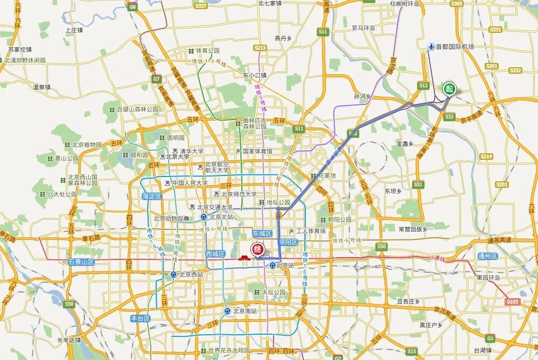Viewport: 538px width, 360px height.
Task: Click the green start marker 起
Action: [x=449, y=88]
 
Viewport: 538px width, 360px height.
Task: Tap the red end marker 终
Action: [x=258, y=249]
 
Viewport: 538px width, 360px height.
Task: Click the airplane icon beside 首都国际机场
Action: [x=430, y=47]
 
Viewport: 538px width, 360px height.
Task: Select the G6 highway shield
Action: [x=132, y=7]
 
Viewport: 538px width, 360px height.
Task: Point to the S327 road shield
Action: [x=200, y=6]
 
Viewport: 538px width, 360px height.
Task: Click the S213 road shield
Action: [x=260, y=48]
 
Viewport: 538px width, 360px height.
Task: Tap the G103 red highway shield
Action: [x=513, y=301]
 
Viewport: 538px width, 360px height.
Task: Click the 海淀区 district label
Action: [x=152, y=196]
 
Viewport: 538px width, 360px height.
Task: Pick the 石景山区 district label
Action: [x=81, y=262]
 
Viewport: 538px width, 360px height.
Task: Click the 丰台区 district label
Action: [x=141, y=318]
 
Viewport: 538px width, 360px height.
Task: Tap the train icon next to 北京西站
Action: [x=173, y=274]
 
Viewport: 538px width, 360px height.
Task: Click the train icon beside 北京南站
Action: [x=227, y=311]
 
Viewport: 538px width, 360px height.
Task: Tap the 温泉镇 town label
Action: [x=41, y=87]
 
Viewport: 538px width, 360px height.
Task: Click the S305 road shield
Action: [x=456, y=4]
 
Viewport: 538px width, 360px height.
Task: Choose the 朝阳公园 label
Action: [x=339, y=219]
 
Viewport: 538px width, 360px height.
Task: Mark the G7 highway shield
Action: [x=156, y=79]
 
